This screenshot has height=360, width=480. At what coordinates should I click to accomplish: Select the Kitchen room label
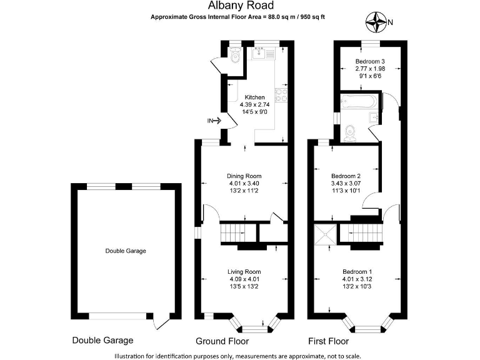coord(255,97)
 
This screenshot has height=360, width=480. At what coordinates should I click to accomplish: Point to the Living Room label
coord(244,271)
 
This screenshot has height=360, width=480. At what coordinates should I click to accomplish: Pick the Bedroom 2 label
coord(346,176)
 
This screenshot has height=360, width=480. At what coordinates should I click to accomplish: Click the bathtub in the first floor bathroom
coord(356,101)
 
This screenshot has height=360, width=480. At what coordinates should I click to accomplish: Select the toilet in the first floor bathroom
coord(351,132)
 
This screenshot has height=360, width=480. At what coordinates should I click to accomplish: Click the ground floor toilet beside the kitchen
coord(234,57)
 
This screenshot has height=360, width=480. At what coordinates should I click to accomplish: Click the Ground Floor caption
coord(222,341)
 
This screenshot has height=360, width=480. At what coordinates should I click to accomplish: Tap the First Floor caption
coord(329,341)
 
